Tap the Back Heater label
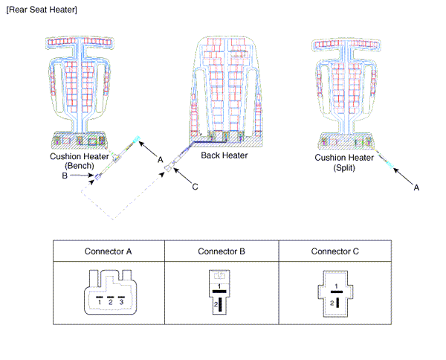224,156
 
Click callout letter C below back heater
195,187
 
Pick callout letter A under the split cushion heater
416,188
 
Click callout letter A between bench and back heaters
160,158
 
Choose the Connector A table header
109,251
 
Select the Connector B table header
222,251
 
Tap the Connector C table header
334,251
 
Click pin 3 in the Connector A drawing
122,303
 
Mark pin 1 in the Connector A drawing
99,303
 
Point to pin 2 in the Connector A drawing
110,303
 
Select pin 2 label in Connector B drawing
215,305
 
